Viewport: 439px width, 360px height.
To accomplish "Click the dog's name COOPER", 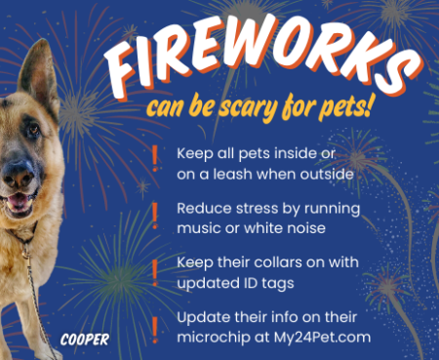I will (84, 340).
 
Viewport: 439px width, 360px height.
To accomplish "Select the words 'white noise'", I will (289, 227).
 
